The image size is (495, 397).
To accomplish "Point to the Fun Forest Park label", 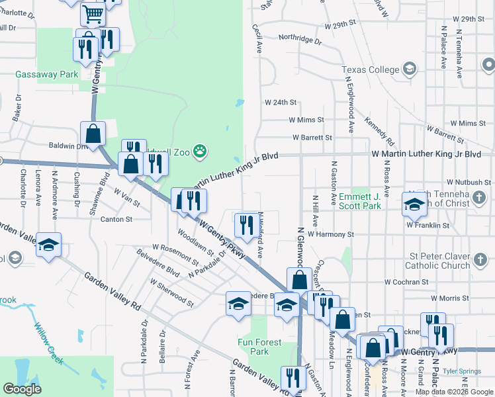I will tap(260, 347).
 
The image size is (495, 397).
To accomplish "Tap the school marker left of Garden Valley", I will tap(48, 245).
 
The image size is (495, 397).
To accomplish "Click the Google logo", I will tap(22, 389).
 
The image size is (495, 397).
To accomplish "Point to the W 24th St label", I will tap(281, 103).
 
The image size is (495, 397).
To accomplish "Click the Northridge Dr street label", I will tap(299, 40).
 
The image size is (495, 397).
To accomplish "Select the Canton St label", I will tap(116, 219).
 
